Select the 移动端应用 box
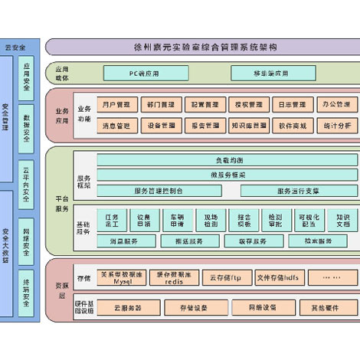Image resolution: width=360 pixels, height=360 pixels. click(x=270, y=74)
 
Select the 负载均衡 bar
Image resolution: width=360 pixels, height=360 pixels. click(x=227, y=160)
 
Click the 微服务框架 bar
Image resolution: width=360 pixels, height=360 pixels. click(x=227, y=175)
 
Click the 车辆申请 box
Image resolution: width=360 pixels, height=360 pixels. click(x=177, y=220)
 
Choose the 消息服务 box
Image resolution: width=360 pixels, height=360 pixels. click(x=123, y=241)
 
